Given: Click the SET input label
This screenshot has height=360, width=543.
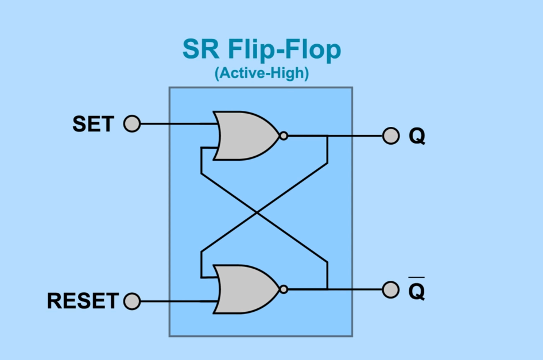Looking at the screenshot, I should [x=93, y=124].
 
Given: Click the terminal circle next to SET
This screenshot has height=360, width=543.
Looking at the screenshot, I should [x=132, y=123].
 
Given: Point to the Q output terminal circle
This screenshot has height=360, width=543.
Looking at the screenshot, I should [x=390, y=136].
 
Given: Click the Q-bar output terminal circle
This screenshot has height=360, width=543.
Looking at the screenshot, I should [x=390, y=289].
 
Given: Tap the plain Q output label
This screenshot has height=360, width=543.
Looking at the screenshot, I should [x=417, y=137].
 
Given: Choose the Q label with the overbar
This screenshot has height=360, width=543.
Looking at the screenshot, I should [x=417, y=291].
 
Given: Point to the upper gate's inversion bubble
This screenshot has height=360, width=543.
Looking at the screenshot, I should [x=283, y=136].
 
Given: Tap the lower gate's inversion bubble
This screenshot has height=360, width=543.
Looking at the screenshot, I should [x=283, y=289].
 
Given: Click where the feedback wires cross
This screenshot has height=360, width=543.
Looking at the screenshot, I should [x=258, y=212].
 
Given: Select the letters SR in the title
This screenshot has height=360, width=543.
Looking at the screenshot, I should [x=201, y=51].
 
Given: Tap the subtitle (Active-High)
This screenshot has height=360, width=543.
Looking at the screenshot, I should [x=261, y=74].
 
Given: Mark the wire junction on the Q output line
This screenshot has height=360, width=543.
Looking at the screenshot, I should [x=327, y=136].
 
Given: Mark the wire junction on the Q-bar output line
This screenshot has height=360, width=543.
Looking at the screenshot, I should [x=327, y=289].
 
